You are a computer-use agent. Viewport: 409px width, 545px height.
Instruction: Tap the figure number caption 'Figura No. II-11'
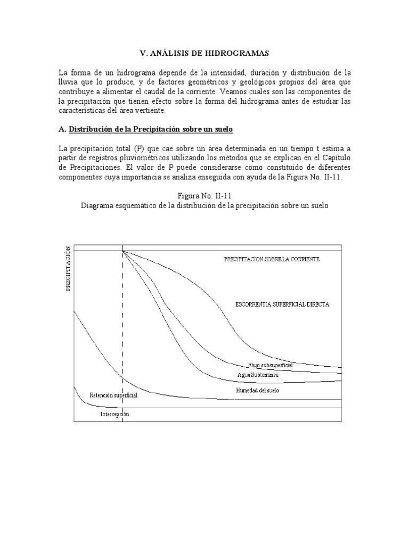[204, 196]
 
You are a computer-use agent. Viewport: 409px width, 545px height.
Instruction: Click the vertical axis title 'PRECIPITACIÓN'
[68, 269]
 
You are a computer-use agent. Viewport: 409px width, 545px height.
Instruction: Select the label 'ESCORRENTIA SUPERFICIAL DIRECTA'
[282, 304]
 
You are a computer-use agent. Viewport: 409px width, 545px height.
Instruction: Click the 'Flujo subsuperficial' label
[270, 365]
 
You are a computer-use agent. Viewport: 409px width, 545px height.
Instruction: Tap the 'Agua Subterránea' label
[258, 375]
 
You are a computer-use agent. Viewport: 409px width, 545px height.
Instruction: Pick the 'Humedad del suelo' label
[257, 390]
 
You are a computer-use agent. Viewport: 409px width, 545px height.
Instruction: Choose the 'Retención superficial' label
[113, 395]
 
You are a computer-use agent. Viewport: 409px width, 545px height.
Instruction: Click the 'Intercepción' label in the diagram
[114, 414]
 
